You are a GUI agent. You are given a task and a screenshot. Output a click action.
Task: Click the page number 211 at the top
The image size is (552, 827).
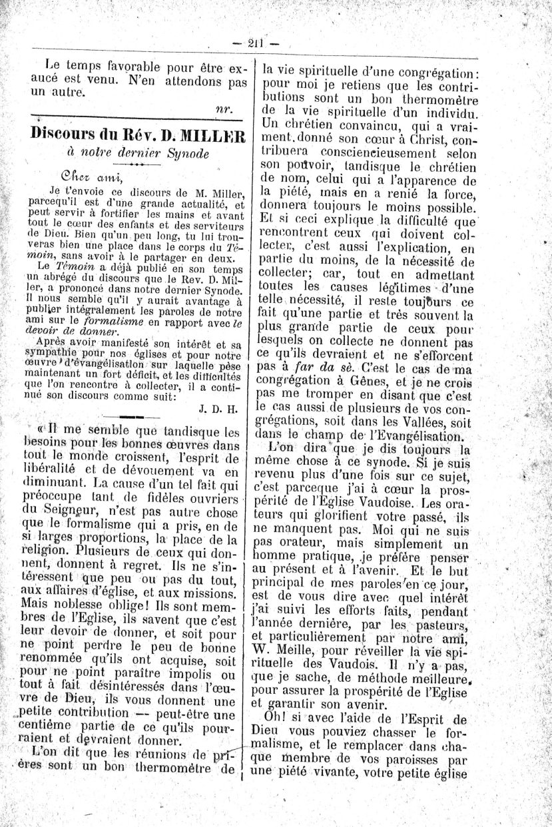tap(256, 43)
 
